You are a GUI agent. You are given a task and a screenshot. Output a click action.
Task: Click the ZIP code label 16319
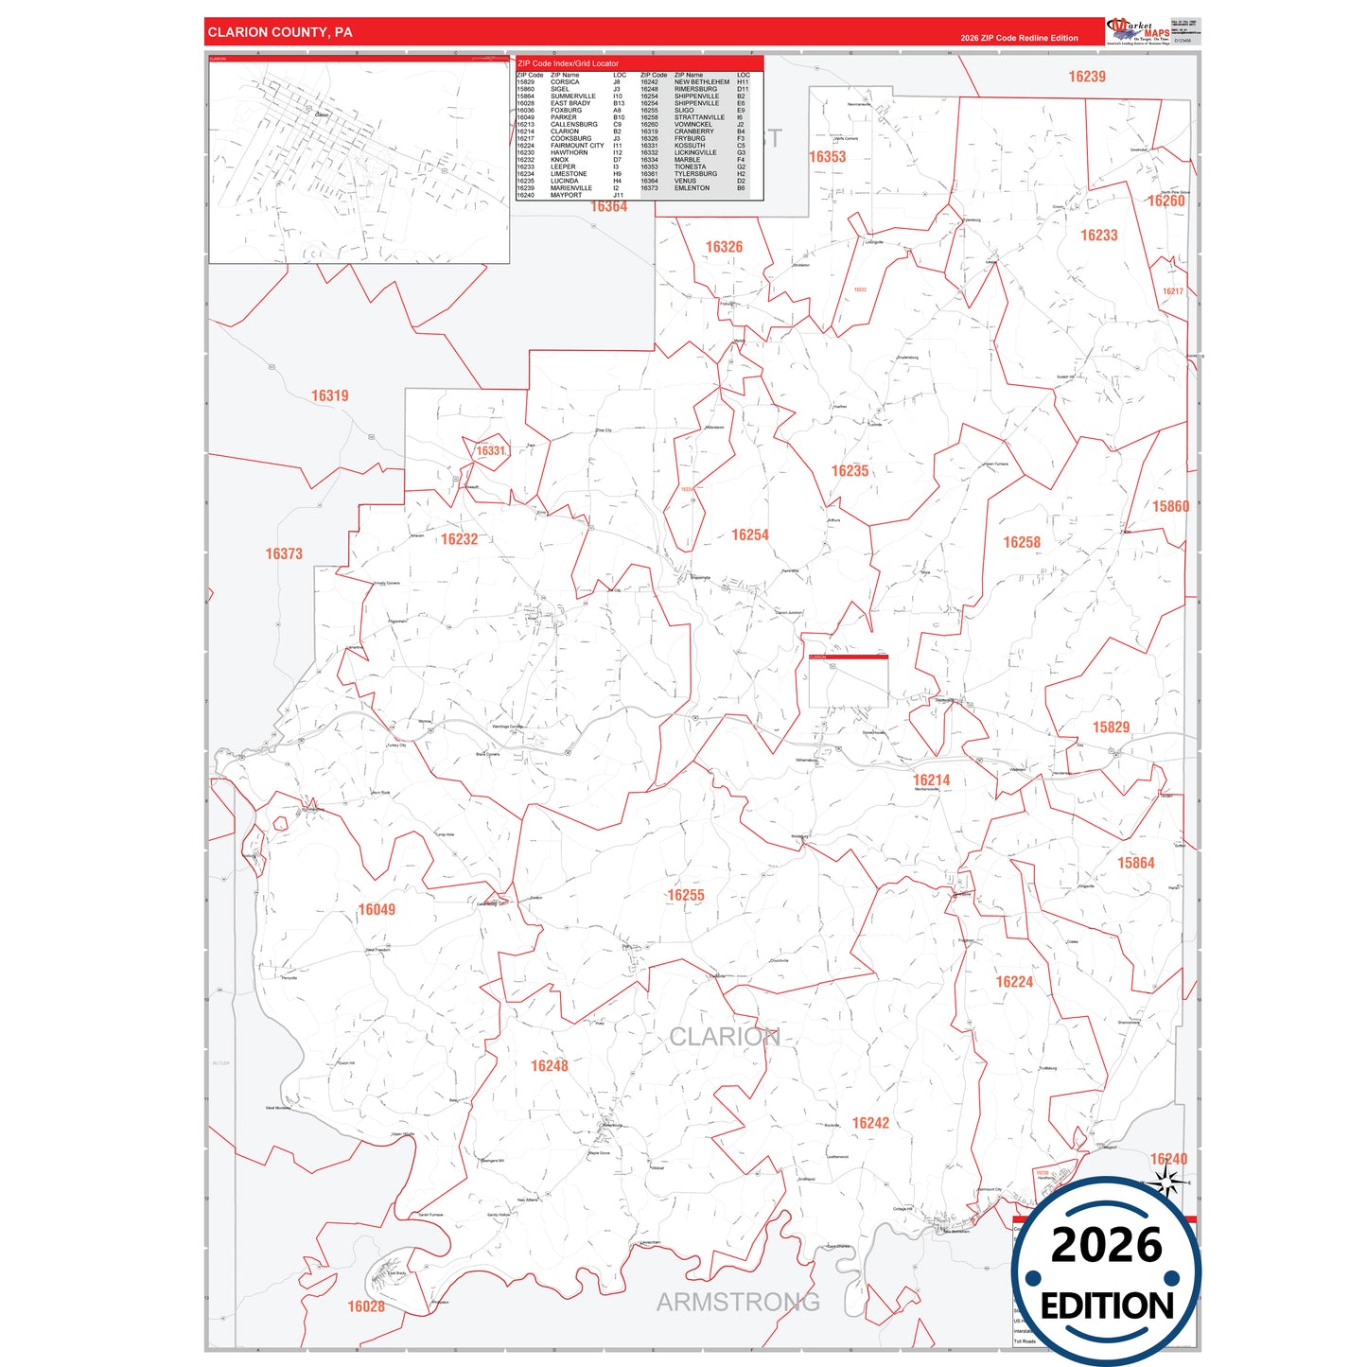point(330,395)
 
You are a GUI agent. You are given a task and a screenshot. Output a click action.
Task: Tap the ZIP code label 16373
point(284,553)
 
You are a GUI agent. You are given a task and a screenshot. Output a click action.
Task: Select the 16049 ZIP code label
point(377,909)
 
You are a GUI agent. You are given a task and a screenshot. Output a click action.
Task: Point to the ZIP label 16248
point(550,1066)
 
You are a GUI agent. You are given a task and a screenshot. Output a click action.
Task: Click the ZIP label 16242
point(870,1123)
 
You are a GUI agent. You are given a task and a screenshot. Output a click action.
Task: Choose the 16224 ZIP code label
point(1014,982)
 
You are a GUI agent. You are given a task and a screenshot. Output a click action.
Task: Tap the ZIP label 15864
point(1136,863)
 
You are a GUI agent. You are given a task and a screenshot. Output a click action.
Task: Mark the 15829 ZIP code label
point(1111,727)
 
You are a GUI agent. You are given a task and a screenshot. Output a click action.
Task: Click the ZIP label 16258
point(1022,542)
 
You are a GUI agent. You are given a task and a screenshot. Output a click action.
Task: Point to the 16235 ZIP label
point(850,471)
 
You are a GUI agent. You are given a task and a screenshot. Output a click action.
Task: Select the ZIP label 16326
point(724,247)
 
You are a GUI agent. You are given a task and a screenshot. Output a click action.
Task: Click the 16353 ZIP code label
point(828,157)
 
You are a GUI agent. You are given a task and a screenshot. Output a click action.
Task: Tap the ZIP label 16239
point(1087,77)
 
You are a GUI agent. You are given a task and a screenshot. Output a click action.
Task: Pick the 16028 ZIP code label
point(366,1306)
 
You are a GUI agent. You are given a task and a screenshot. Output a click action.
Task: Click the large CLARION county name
point(725,1037)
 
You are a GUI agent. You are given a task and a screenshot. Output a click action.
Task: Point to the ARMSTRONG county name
point(738,1303)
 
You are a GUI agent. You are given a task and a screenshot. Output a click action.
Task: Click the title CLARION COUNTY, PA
point(280,32)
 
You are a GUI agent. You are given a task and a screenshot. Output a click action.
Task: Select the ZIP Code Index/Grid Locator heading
point(569,63)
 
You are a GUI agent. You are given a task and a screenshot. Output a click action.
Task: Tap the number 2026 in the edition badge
point(1106,1245)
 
